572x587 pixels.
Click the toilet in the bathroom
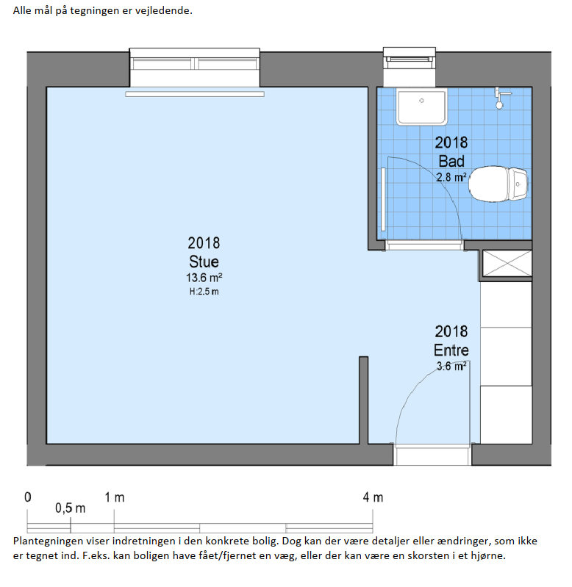(498, 184)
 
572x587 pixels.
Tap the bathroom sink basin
(422, 107)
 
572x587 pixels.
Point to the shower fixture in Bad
(501, 98)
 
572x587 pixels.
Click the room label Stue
(204, 262)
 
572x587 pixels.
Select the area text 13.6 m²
(204, 278)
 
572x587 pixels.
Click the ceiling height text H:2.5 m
(204, 291)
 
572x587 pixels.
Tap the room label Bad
(451, 162)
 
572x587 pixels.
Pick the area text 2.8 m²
(451, 177)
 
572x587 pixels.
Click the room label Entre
(451, 350)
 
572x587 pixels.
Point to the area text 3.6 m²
(451, 366)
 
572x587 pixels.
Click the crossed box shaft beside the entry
(507, 264)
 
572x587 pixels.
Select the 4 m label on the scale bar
(373, 497)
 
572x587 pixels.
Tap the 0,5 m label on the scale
(71, 508)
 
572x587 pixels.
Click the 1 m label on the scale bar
(114, 497)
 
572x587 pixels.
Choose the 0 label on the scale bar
(28, 497)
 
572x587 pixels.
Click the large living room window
(194, 68)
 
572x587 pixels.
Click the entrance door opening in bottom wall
(432, 455)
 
